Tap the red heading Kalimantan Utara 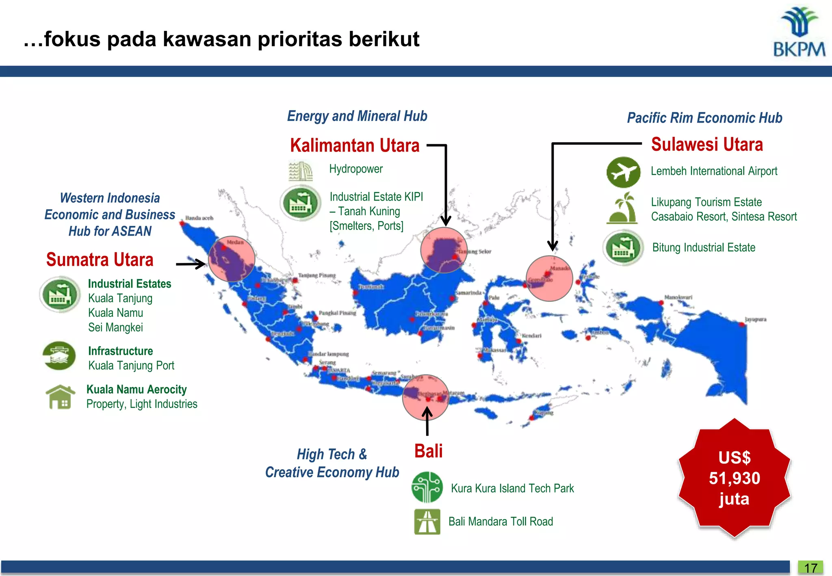pyautogui.click(x=355, y=145)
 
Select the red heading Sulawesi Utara pyautogui.click(x=707, y=145)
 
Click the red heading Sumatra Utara pyautogui.click(x=100, y=260)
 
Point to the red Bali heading pyautogui.click(x=428, y=451)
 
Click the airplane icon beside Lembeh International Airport pyautogui.click(x=623, y=172)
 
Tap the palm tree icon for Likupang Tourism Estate pyautogui.click(x=622, y=208)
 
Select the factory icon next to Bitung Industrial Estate pyautogui.click(x=623, y=248)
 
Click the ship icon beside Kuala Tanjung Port pyautogui.click(x=59, y=356)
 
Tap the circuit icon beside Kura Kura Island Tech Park pyautogui.click(x=427, y=487)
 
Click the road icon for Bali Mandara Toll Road pyautogui.click(x=427, y=522)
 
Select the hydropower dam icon pyautogui.click(x=301, y=171)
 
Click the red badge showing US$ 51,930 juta pyautogui.click(x=734, y=479)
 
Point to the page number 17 pyautogui.click(x=810, y=567)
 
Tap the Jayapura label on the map pyautogui.click(x=756, y=319)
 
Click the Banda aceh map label pyautogui.click(x=199, y=218)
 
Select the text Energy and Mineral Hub pyautogui.click(x=357, y=116)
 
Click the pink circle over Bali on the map pyautogui.click(x=425, y=397)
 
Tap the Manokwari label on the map pyautogui.click(x=678, y=297)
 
